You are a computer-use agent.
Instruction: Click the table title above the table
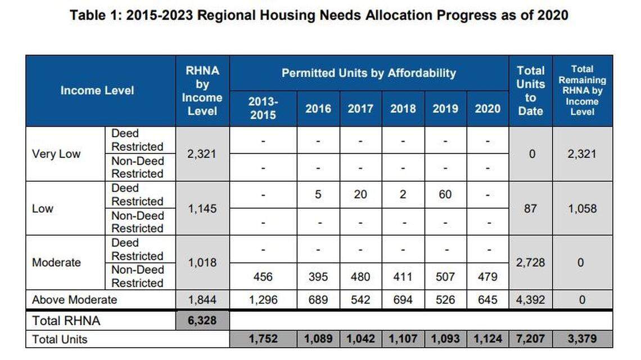pyautogui.click(x=319, y=15)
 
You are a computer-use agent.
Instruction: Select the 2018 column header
pyautogui.click(x=403, y=109)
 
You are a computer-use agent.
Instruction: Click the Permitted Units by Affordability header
pyautogui.click(x=369, y=73)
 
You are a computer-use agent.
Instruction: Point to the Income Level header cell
pyautogui.click(x=97, y=91)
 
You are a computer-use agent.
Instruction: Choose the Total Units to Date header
pyautogui.click(x=530, y=91)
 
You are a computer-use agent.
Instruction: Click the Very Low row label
pyautogui.click(x=56, y=154)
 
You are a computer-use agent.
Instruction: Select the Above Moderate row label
pyautogui.click(x=74, y=300)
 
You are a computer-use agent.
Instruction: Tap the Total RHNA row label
pyautogui.click(x=67, y=321)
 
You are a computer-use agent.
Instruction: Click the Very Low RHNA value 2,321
pyautogui.click(x=202, y=154)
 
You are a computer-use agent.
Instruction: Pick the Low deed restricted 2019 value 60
pyautogui.click(x=445, y=195)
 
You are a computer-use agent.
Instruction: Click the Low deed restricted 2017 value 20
pyautogui.click(x=360, y=195)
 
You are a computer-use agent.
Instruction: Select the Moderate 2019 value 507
pyautogui.click(x=445, y=277)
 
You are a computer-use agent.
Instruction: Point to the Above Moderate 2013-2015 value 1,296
pyautogui.click(x=263, y=300)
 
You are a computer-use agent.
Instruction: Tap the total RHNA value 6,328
pyautogui.click(x=202, y=321)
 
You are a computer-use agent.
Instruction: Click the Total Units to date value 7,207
pyautogui.click(x=530, y=339)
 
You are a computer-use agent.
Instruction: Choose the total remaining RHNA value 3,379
pyautogui.click(x=582, y=339)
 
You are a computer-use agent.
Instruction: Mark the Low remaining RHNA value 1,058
pyautogui.click(x=582, y=208)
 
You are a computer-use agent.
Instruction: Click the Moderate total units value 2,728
pyautogui.click(x=530, y=263)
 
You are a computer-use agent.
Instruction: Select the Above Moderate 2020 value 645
pyautogui.click(x=487, y=300)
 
